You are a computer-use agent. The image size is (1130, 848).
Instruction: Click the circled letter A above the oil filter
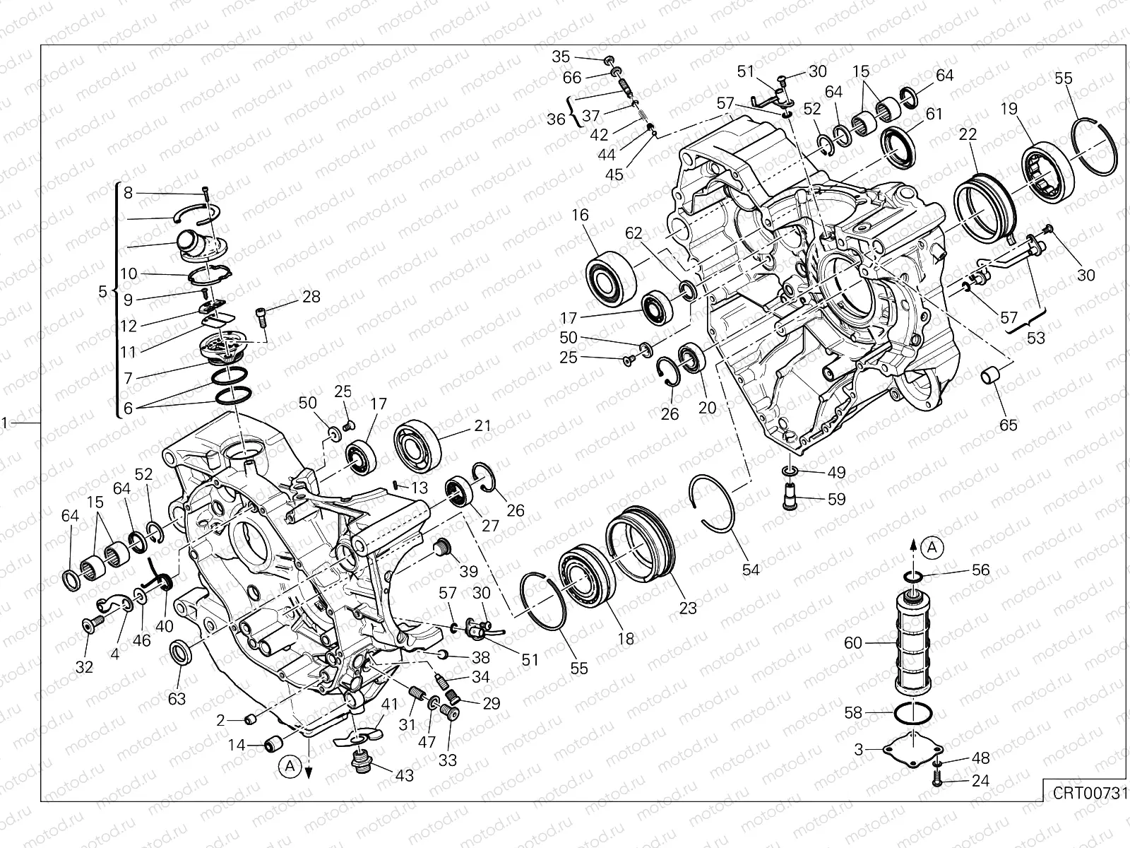coord(933,546)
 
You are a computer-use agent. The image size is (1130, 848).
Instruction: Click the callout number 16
coord(581,216)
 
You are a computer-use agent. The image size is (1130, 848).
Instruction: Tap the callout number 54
coord(751,569)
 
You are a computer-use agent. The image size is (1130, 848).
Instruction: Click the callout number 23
coord(688,608)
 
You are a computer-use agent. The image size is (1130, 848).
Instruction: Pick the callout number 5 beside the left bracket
coord(103,291)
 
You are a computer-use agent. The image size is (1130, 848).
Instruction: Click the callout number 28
coord(311,297)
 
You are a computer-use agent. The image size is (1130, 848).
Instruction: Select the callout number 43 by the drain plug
coord(404,776)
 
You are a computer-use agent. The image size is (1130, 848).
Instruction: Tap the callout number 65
coord(1009,425)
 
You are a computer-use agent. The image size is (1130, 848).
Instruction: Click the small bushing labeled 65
coord(991,375)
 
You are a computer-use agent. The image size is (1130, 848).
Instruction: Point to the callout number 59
coord(836,499)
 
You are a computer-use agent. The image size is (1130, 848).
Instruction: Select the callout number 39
coord(468,572)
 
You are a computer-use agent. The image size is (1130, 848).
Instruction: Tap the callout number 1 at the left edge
coord(6,423)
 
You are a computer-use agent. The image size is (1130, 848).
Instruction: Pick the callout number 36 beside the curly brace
coord(556,119)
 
